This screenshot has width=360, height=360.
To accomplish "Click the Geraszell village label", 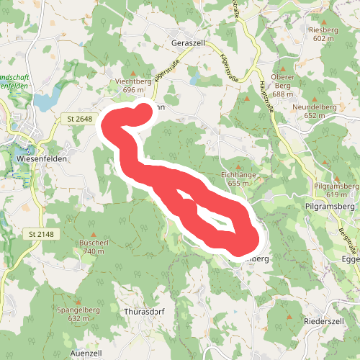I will point(189,43).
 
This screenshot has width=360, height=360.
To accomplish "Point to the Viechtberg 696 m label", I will point(133,86).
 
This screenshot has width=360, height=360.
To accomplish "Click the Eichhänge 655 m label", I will point(238,179).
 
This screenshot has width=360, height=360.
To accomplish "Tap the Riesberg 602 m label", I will point(322,34).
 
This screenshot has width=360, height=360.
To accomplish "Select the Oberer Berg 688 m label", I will point(283,89).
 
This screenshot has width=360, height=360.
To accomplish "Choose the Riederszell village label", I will point(326,319).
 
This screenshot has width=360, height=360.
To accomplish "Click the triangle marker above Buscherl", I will point(93,235).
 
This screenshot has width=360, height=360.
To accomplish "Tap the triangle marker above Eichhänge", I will point(238,166).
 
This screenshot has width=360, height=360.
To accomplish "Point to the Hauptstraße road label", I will point(264,90).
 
